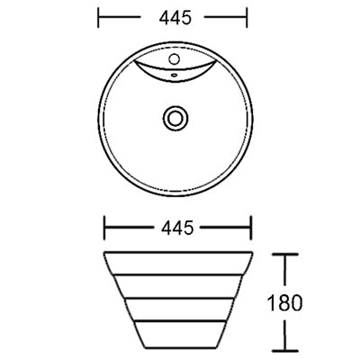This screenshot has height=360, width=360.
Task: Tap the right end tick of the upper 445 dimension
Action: (247, 17)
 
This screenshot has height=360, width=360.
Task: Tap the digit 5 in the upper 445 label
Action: (189, 17)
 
